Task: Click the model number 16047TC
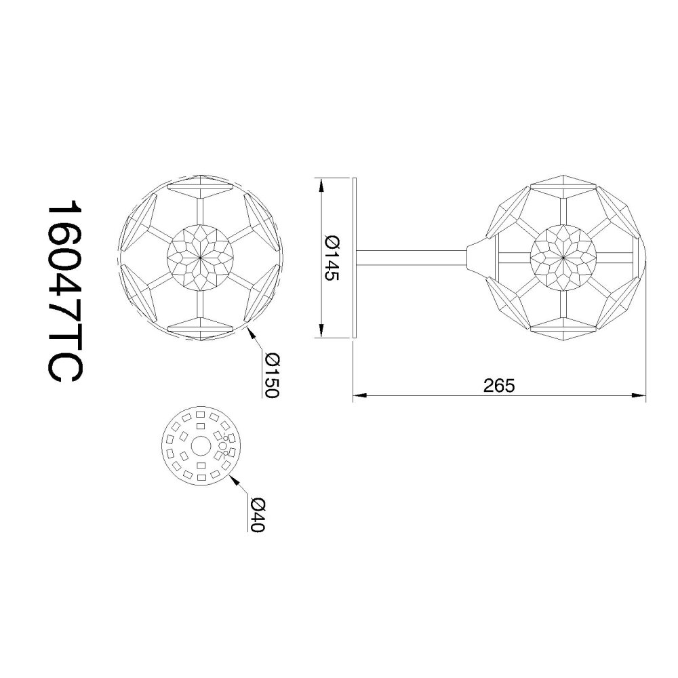[64, 292]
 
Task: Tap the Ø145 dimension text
[332, 258]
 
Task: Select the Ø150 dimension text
[273, 376]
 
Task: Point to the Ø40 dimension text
[257, 515]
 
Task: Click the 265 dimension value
[500, 386]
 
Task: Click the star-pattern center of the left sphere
[200, 258]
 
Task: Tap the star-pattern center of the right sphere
[563, 258]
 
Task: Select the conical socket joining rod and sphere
[477, 258]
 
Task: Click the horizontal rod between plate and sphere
[412, 258]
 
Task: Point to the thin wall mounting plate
[354, 258]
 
